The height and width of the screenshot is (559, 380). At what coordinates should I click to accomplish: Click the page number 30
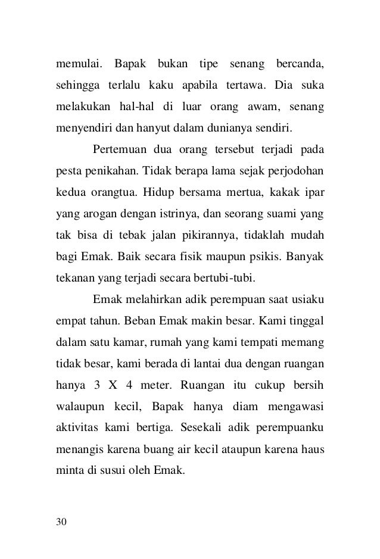click(62, 522)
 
